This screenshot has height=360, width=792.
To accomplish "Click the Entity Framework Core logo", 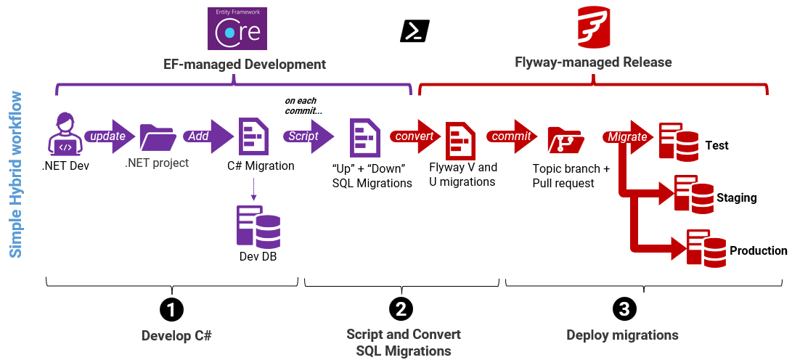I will pos(237,28).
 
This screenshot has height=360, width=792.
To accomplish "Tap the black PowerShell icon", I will pos(415,31).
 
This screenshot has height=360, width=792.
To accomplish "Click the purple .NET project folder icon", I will pos(158,136).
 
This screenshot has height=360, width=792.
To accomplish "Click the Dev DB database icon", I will pos(258,226).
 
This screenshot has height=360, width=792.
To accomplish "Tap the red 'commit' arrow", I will pos(515,136).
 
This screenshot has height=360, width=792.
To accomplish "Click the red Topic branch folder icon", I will pos(564,139).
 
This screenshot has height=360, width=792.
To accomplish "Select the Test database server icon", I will pos(679,142).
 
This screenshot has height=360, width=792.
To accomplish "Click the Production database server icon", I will pos(706,247).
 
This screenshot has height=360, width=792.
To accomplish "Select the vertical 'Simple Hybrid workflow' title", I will pos(15,174).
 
